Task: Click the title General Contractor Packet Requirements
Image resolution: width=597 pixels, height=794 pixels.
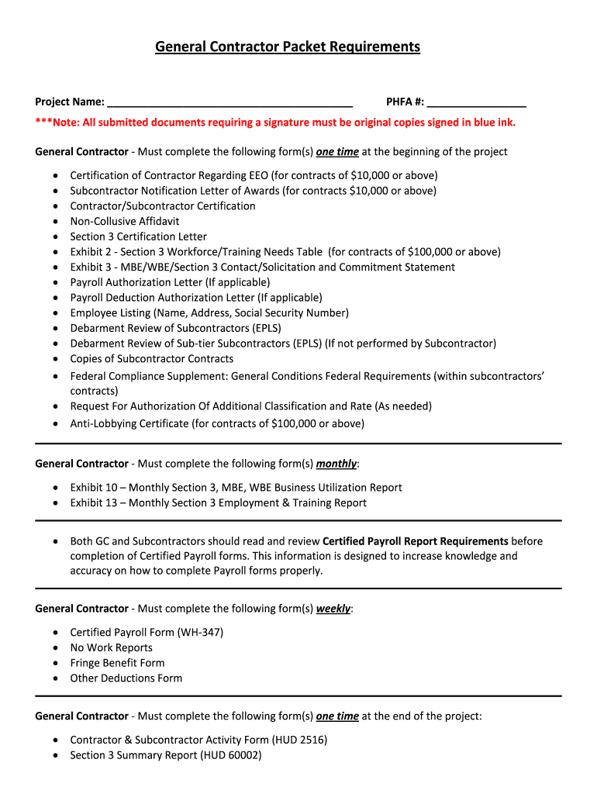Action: click(288, 47)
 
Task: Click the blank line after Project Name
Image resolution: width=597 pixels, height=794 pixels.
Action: click(230, 102)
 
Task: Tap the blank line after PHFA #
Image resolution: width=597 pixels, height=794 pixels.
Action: click(476, 102)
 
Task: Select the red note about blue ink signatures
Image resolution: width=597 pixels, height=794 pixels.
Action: click(275, 123)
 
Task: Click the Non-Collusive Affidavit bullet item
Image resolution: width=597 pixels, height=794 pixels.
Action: click(124, 221)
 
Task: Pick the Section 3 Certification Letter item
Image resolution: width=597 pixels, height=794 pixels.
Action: click(138, 236)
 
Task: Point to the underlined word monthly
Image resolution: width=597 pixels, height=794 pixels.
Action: click(336, 464)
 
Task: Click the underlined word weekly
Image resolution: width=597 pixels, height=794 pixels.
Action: click(333, 609)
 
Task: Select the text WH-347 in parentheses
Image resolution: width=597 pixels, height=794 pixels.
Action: click(200, 632)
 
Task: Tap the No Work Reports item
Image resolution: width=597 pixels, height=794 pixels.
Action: click(111, 647)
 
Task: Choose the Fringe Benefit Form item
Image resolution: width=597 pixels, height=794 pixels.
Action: click(117, 663)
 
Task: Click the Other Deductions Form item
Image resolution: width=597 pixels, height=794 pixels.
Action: click(126, 678)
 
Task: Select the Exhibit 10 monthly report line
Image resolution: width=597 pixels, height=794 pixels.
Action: click(236, 488)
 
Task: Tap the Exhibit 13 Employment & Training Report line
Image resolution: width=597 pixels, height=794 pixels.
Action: click(218, 503)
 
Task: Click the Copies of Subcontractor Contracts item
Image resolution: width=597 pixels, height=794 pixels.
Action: click(151, 359)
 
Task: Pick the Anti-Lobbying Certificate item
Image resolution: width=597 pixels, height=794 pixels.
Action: click(216, 423)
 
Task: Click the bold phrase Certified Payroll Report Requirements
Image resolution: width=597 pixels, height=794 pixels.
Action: click(415, 541)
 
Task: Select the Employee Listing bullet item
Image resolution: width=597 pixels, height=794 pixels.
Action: click(209, 313)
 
